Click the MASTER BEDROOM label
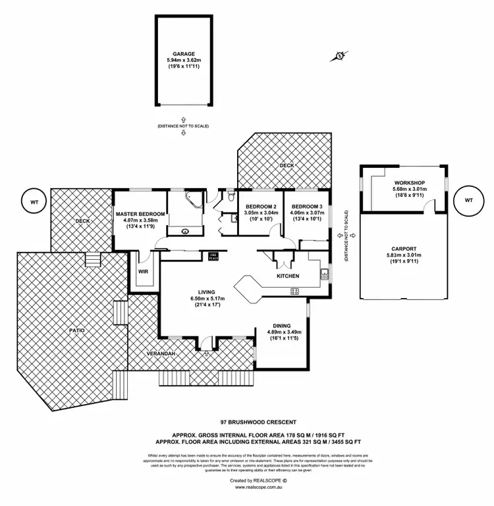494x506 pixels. [139, 215]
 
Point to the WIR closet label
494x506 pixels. [142, 271]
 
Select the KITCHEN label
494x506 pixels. [288, 276]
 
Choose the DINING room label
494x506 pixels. [283, 324]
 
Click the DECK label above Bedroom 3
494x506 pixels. [287, 166]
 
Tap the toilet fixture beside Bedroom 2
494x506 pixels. [228, 195]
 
